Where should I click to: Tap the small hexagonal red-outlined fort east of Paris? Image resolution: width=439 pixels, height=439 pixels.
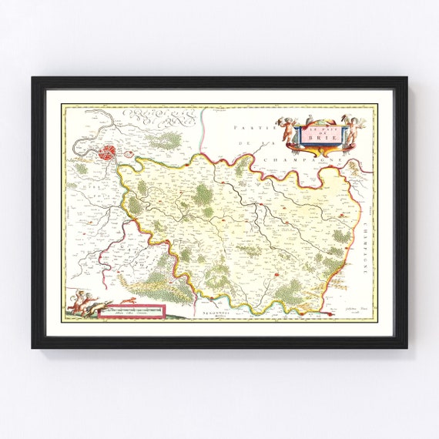[129, 163]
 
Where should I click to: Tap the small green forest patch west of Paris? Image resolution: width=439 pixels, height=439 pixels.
[81, 168]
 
